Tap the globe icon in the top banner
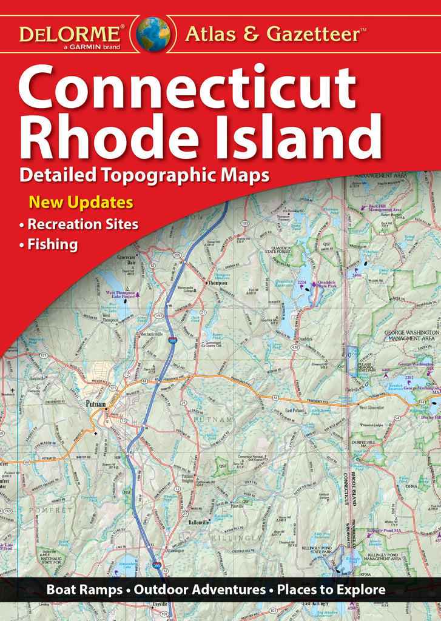[x=153, y=33]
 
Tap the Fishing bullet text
[x=53, y=245]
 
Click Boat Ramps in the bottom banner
[x=82, y=589]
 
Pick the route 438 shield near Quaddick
[x=277, y=347]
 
